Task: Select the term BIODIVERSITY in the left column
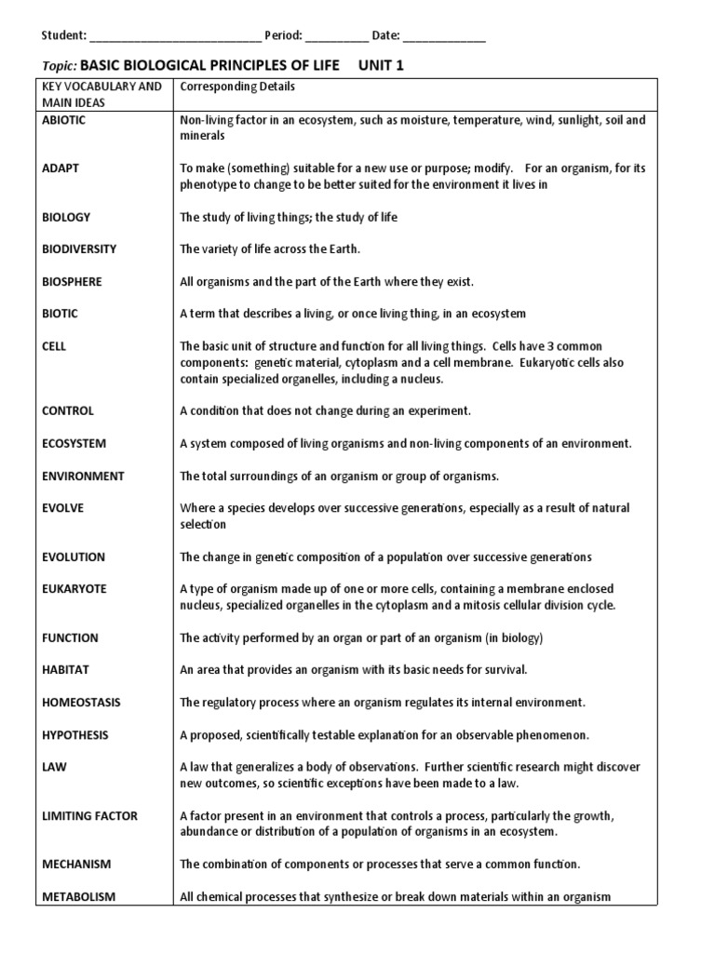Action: (x=79, y=249)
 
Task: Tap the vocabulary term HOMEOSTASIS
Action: (x=81, y=703)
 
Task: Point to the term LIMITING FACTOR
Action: (x=89, y=816)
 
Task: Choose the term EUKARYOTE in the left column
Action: (x=74, y=589)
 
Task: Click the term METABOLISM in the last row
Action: (x=78, y=897)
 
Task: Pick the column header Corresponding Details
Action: (x=237, y=87)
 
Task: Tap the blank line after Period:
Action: (x=336, y=36)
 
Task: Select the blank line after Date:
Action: (x=444, y=36)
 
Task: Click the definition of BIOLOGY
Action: (x=289, y=217)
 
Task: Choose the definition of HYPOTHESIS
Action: (x=384, y=735)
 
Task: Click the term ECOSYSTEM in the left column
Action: (x=74, y=444)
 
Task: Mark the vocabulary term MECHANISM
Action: (x=76, y=865)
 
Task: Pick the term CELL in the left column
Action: (x=54, y=346)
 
